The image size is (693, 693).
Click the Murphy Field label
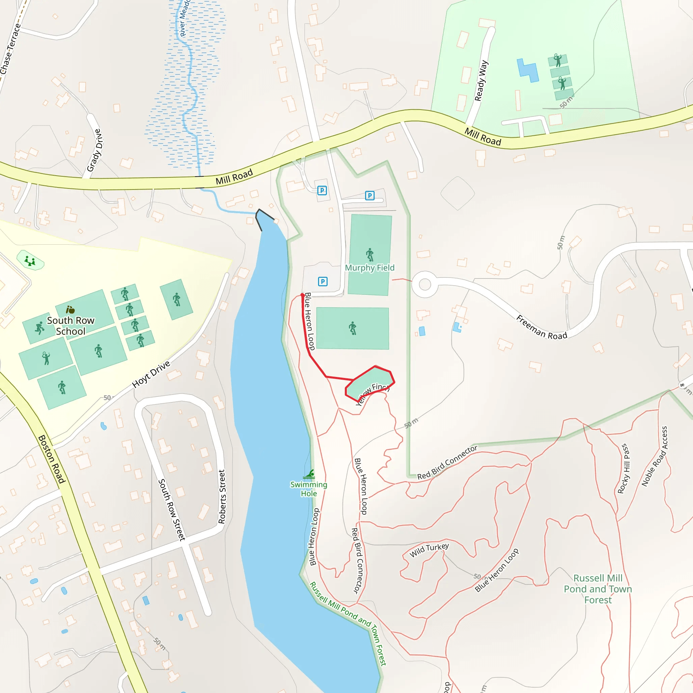(370, 268)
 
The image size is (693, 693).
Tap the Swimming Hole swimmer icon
(309, 474)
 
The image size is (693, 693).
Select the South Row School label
(71, 326)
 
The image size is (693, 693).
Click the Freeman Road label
(542, 327)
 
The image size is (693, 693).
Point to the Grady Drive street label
(95, 151)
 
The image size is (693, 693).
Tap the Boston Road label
(52, 459)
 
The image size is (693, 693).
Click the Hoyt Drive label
(151, 375)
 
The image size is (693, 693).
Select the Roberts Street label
(222, 497)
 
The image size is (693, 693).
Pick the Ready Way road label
(481, 81)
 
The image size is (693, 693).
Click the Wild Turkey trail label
(429, 550)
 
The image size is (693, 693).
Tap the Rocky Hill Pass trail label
(624, 468)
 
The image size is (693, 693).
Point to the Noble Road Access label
(655, 456)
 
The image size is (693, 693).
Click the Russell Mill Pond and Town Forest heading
(598, 589)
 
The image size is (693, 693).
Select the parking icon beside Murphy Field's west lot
(323, 282)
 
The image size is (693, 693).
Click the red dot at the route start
(303, 295)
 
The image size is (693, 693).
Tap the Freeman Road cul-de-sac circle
(425, 285)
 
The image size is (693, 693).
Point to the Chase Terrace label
(11, 48)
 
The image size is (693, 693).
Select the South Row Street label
(172, 510)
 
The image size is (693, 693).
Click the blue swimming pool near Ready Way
(527, 70)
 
